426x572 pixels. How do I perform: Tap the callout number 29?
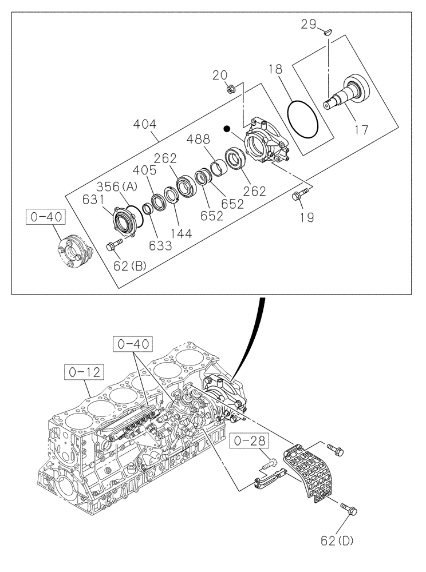click(309, 24)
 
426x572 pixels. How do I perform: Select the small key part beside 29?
click(327, 32)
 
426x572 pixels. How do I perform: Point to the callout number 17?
click(361, 130)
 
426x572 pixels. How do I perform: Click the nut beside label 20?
click(230, 89)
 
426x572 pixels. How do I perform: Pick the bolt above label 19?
click(299, 194)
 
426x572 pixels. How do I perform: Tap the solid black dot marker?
click(228, 129)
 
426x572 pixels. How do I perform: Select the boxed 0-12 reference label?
click(82, 372)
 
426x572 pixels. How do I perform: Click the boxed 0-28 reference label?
click(250, 441)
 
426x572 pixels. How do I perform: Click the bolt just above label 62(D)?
click(348, 507)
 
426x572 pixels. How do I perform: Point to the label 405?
click(144, 170)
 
